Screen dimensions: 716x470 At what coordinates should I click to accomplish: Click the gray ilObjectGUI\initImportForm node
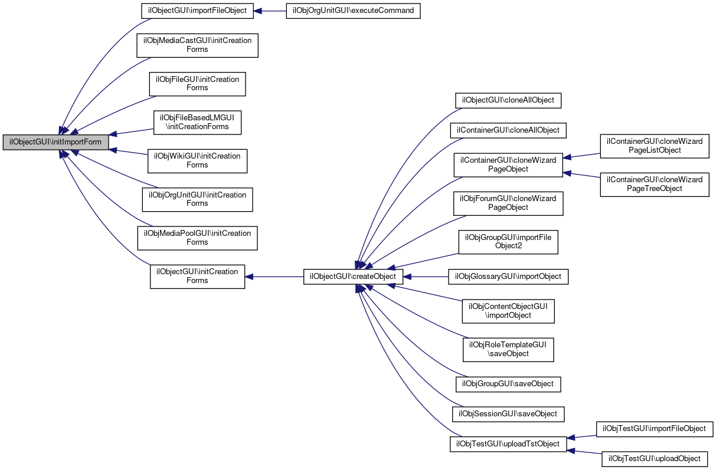pyautogui.click(x=55, y=142)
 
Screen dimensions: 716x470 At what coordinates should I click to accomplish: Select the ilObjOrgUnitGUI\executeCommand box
pyautogui.click(x=353, y=11)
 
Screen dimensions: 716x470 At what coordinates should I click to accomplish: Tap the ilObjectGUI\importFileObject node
pyautogui.click(x=198, y=11)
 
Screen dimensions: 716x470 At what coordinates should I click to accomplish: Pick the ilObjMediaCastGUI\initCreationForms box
pyautogui.click(x=198, y=45)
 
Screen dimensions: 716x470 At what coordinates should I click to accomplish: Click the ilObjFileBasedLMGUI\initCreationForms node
pyautogui.click(x=198, y=123)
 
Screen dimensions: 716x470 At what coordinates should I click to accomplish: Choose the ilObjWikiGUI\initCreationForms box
pyautogui.click(x=198, y=161)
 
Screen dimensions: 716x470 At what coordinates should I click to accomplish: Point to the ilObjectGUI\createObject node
pyautogui.click(x=353, y=277)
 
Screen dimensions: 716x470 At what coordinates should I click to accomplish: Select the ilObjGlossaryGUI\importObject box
pyautogui.click(x=508, y=277)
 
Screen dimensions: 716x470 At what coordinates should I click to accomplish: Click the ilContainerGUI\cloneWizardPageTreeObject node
pyautogui.click(x=655, y=185)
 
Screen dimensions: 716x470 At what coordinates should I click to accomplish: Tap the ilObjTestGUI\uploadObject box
pyautogui.click(x=655, y=459)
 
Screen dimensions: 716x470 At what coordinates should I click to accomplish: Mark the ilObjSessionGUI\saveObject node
pyautogui.click(x=508, y=414)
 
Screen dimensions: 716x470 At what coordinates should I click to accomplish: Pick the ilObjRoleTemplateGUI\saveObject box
pyautogui.click(x=508, y=350)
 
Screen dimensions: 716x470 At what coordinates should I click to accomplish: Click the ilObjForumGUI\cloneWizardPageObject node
pyautogui.click(x=508, y=203)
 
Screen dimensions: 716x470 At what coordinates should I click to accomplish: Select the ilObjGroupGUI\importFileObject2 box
pyautogui.click(x=508, y=242)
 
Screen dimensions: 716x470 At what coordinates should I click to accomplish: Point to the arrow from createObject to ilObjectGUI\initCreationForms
pyautogui.click(x=274, y=277)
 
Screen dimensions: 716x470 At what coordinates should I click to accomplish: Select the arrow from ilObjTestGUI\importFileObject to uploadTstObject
pyautogui.click(x=581, y=437)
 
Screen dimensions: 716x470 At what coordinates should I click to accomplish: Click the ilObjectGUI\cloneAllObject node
pyautogui.click(x=508, y=101)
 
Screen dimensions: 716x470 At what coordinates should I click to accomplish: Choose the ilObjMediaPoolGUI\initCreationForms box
pyautogui.click(x=198, y=238)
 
